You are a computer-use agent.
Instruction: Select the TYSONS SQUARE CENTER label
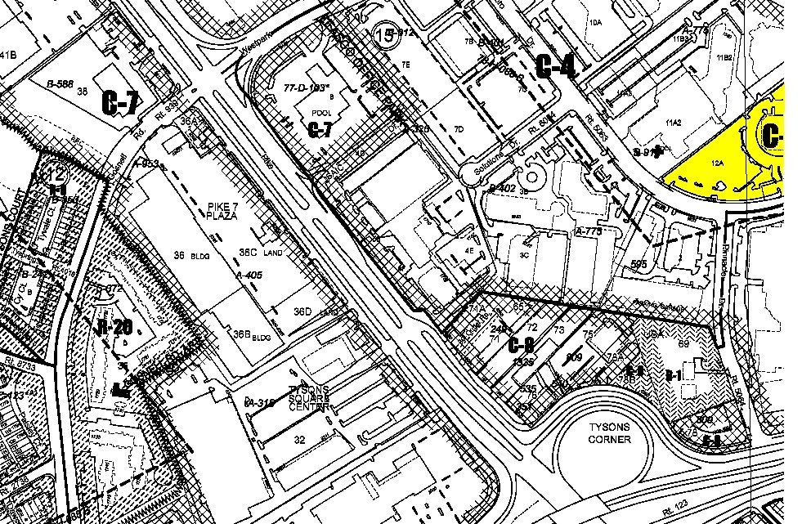(x=307, y=398)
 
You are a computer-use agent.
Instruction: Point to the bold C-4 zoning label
(x=557, y=66)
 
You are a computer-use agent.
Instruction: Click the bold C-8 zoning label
(x=521, y=344)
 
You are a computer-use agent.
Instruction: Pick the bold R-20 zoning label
(x=114, y=329)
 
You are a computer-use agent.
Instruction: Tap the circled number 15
(x=383, y=34)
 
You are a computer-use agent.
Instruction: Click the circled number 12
(x=56, y=173)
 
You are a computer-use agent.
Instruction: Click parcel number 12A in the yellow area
(x=718, y=163)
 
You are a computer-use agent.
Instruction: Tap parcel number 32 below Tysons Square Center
(x=299, y=439)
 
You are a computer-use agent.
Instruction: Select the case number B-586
(x=60, y=83)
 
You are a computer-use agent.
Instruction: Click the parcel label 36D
(x=303, y=311)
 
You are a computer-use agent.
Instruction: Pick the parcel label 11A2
(x=674, y=122)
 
